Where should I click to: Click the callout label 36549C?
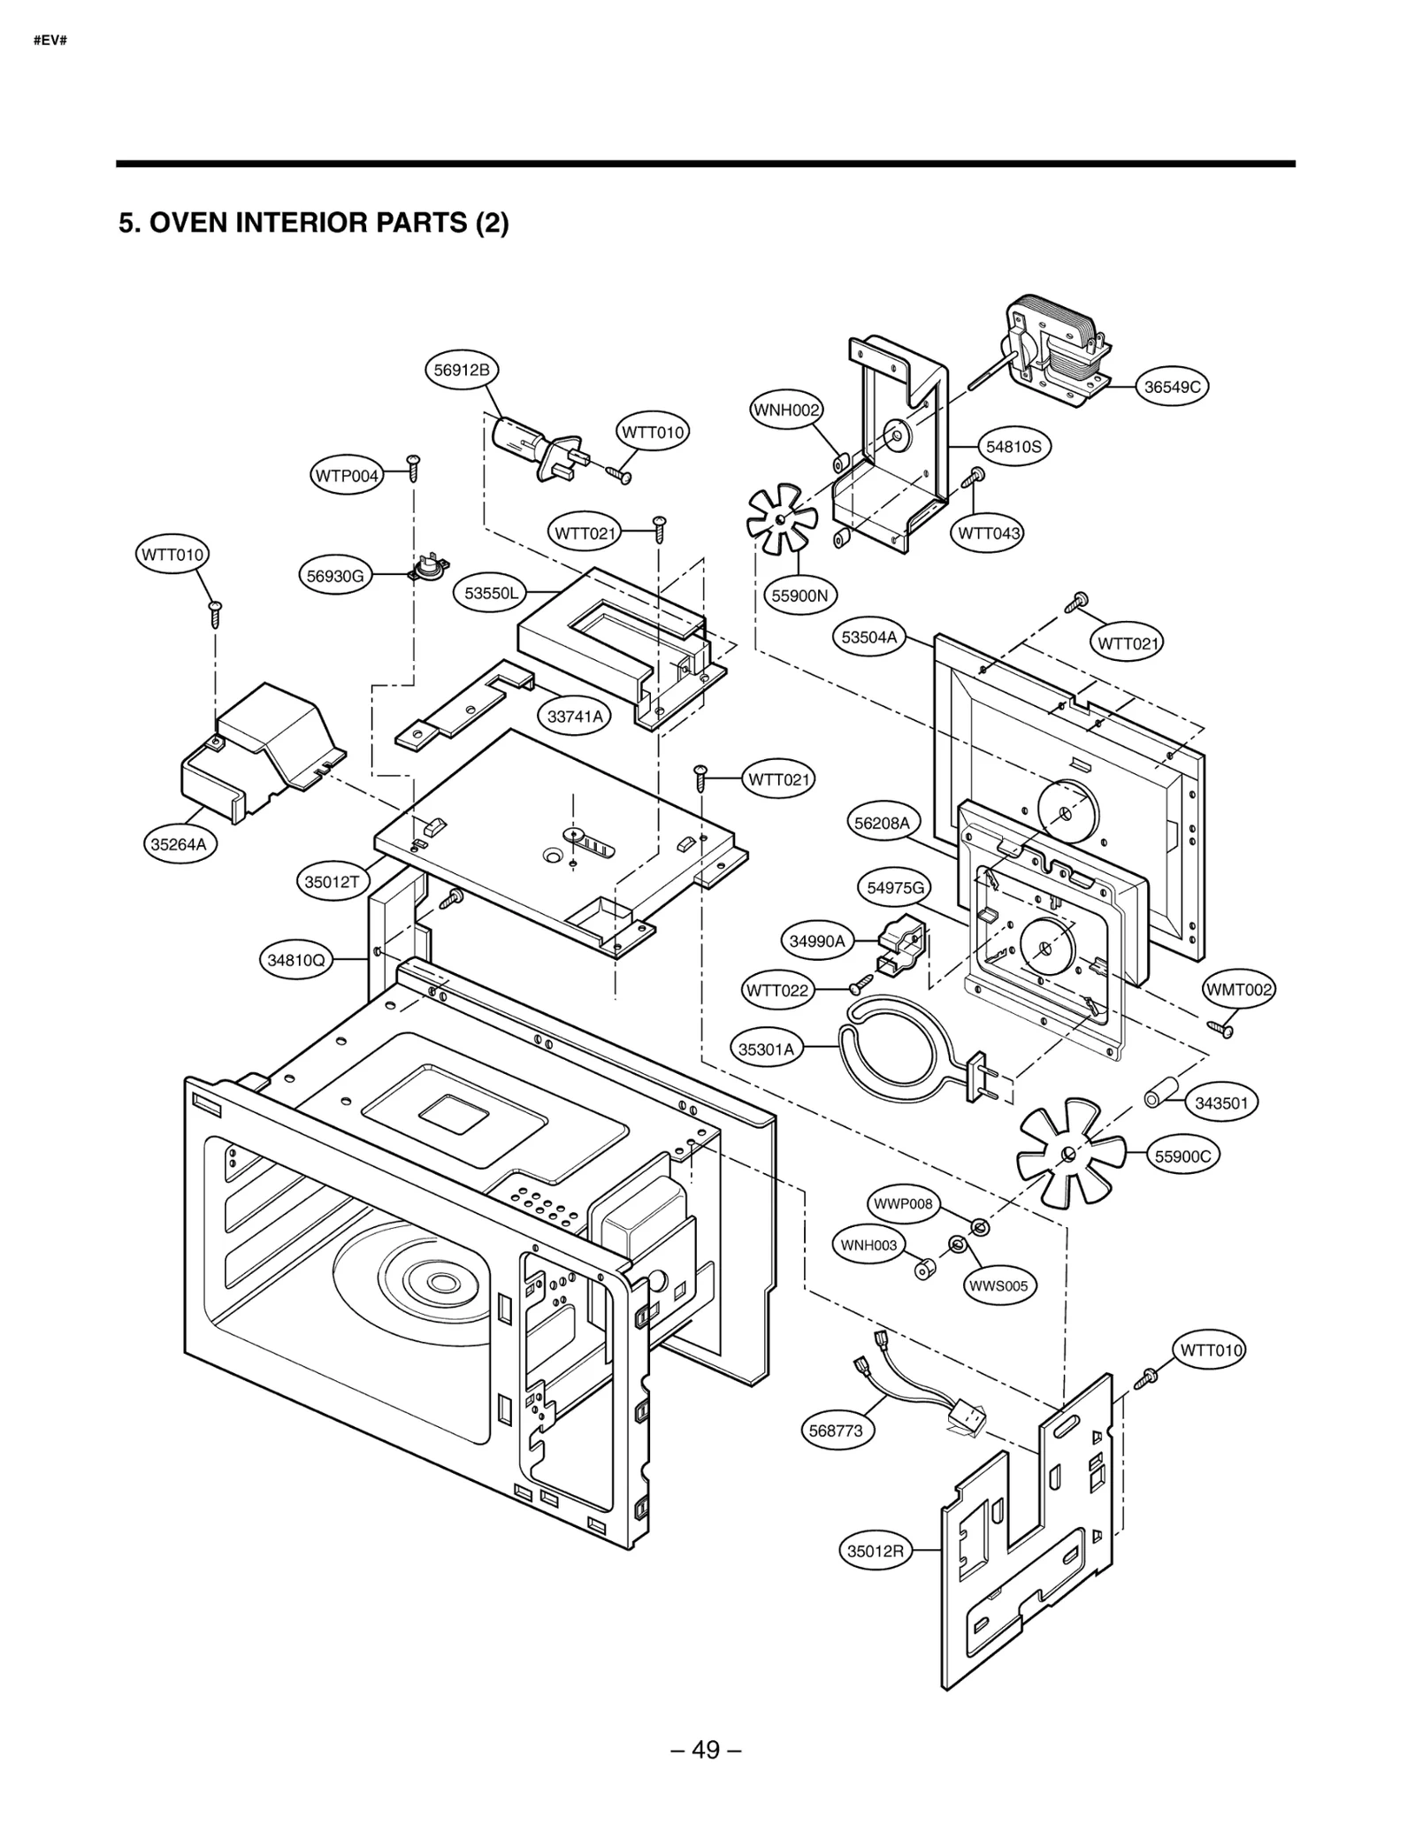[1171, 387]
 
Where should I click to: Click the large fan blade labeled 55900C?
[1069, 1152]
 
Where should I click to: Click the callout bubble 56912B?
[461, 370]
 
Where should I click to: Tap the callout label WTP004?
[347, 476]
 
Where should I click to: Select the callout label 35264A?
[178, 844]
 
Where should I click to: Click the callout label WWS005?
[998, 1285]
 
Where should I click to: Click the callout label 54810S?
[1013, 447]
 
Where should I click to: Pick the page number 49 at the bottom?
[706, 1749]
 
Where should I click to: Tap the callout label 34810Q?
[296, 959]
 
